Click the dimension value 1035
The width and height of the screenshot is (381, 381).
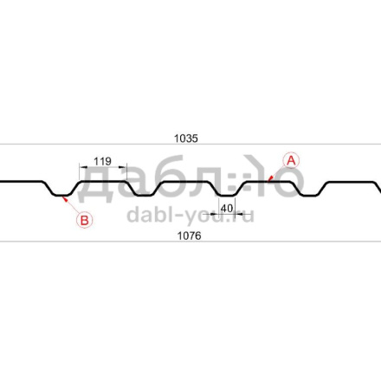(x=186, y=139)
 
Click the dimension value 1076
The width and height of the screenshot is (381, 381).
(x=189, y=236)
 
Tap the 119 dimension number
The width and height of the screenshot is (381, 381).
(x=102, y=161)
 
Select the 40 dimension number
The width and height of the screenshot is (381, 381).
(x=227, y=208)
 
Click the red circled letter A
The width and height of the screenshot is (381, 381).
(x=291, y=160)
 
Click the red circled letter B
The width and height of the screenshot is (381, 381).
(x=84, y=220)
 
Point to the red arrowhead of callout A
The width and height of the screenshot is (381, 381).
(x=269, y=179)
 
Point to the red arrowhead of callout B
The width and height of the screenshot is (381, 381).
(x=65, y=198)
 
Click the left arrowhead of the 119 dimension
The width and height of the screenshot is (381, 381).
(x=83, y=167)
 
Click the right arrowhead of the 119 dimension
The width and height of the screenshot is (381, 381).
(x=123, y=167)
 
